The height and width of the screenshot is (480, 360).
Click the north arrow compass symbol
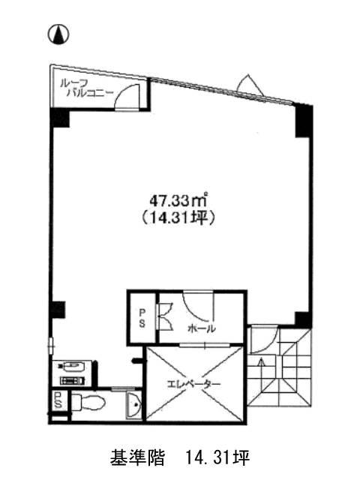[x=58, y=34]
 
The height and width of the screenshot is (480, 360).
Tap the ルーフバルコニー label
[x=86, y=88]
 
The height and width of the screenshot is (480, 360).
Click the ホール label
[x=201, y=328]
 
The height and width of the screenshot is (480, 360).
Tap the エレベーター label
[x=193, y=383]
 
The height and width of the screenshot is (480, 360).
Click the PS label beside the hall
[x=142, y=318]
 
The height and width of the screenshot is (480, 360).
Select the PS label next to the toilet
[x=58, y=400]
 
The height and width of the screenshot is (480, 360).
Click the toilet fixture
[x=88, y=401]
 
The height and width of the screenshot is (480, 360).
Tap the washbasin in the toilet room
[x=133, y=405]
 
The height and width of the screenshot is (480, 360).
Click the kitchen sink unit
[x=73, y=373]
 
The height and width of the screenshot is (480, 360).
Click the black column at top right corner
[x=304, y=121]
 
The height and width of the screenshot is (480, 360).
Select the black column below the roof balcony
[x=60, y=118]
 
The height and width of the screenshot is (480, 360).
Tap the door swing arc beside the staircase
[x=268, y=343]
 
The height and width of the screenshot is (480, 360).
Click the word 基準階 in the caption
[x=137, y=457]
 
